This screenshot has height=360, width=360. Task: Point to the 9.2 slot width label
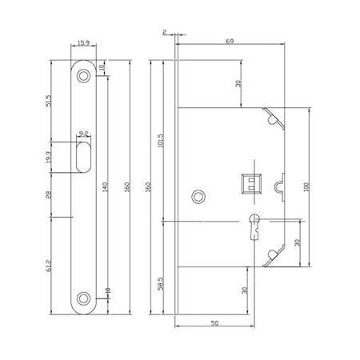(84, 134)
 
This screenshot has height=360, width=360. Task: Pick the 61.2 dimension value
(50, 262)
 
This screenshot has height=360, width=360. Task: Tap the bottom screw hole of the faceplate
(84, 299)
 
